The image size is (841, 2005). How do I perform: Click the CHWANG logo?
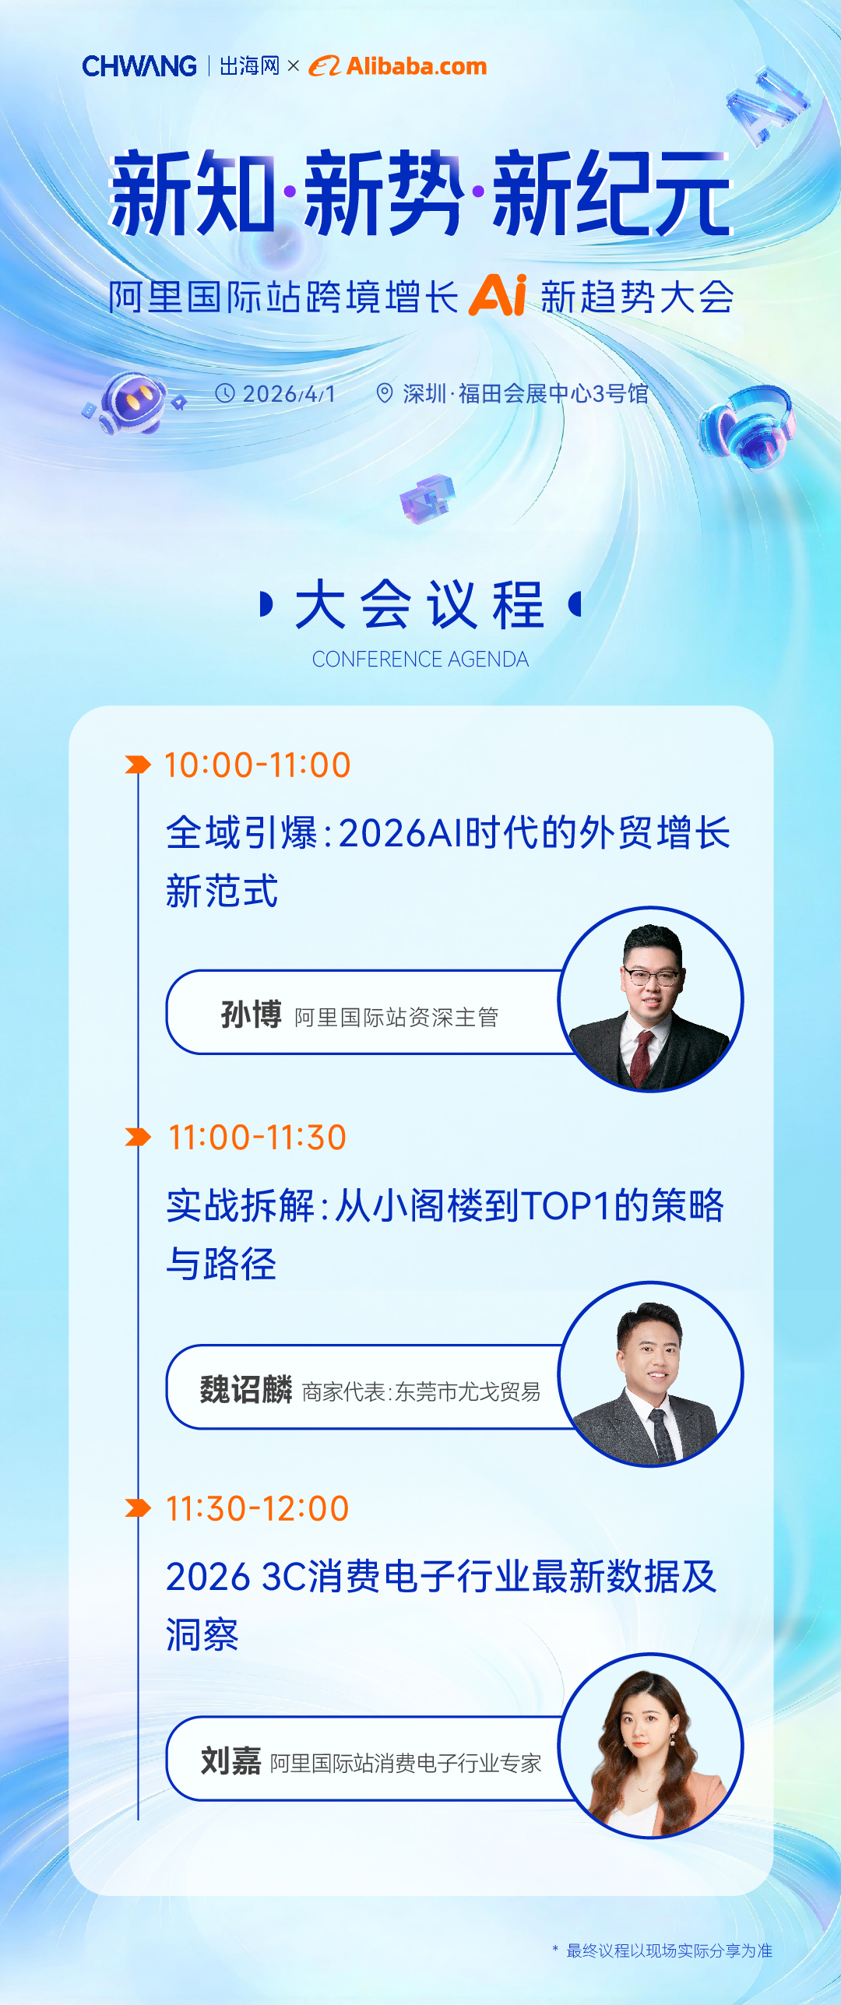pyautogui.click(x=139, y=67)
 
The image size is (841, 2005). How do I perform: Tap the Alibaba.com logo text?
pyautogui.click(x=416, y=67)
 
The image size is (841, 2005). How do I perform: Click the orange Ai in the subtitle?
pyautogui.click(x=498, y=295)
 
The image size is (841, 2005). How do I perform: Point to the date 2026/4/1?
pyautogui.click(x=289, y=394)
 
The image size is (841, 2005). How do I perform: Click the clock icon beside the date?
pyautogui.click(x=224, y=393)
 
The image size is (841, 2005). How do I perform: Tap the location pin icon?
pyautogui.click(x=384, y=393)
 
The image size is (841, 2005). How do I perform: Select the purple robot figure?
pyautogui.click(x=133, y=402)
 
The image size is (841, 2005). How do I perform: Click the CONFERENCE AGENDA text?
pyautogui.click(x=420, y=660)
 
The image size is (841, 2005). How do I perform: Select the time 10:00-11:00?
pyautogui.click(x=257, y=765)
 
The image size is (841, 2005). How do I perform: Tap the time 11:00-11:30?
pyautogui.click(x=257, y=1138)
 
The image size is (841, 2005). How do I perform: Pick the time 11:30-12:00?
pyautogui.click(x=257, y=1509)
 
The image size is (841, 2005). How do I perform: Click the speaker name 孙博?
pyautogui.click(x=251, y=1015)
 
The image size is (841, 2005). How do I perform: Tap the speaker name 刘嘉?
pyautogui.click(x=230, y=1761)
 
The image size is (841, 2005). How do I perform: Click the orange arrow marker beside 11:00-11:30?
pyautogui.click(x=138, y=1138)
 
